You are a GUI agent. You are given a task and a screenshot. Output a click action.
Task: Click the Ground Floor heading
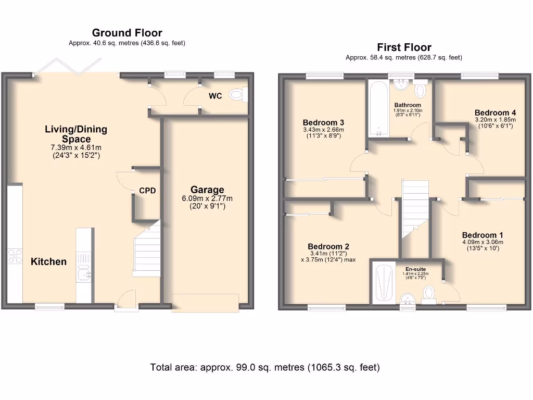coord(127,33)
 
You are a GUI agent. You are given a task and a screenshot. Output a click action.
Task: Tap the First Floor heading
coord(404,47)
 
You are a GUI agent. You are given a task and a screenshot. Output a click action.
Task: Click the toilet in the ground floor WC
coord(238,95)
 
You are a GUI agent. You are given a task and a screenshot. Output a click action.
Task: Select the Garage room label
coord(207,190)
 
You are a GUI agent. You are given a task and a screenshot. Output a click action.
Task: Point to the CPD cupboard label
coord(147,191)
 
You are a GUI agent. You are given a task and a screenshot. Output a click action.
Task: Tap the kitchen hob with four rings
coord(15,256)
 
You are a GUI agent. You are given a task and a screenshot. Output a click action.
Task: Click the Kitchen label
coord(48,261)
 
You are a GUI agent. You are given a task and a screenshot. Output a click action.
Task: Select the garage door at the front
coord(205,303)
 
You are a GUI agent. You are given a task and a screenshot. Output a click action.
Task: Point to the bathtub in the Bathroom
coord(378,108)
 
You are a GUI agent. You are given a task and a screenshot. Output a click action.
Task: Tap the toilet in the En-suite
coord(429,294)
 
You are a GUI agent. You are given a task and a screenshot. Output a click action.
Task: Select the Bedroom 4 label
coord(496,113)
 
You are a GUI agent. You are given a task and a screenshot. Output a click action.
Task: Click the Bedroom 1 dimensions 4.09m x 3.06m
coord(483,242)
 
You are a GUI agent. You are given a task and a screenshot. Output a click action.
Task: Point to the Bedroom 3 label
coord(323,122)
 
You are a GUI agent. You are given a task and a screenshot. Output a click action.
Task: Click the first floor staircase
coord(415,208)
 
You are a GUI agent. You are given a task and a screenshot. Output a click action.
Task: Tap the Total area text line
coord(265,367)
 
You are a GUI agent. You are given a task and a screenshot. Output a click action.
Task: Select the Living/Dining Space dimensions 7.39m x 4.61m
coord(76,148)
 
